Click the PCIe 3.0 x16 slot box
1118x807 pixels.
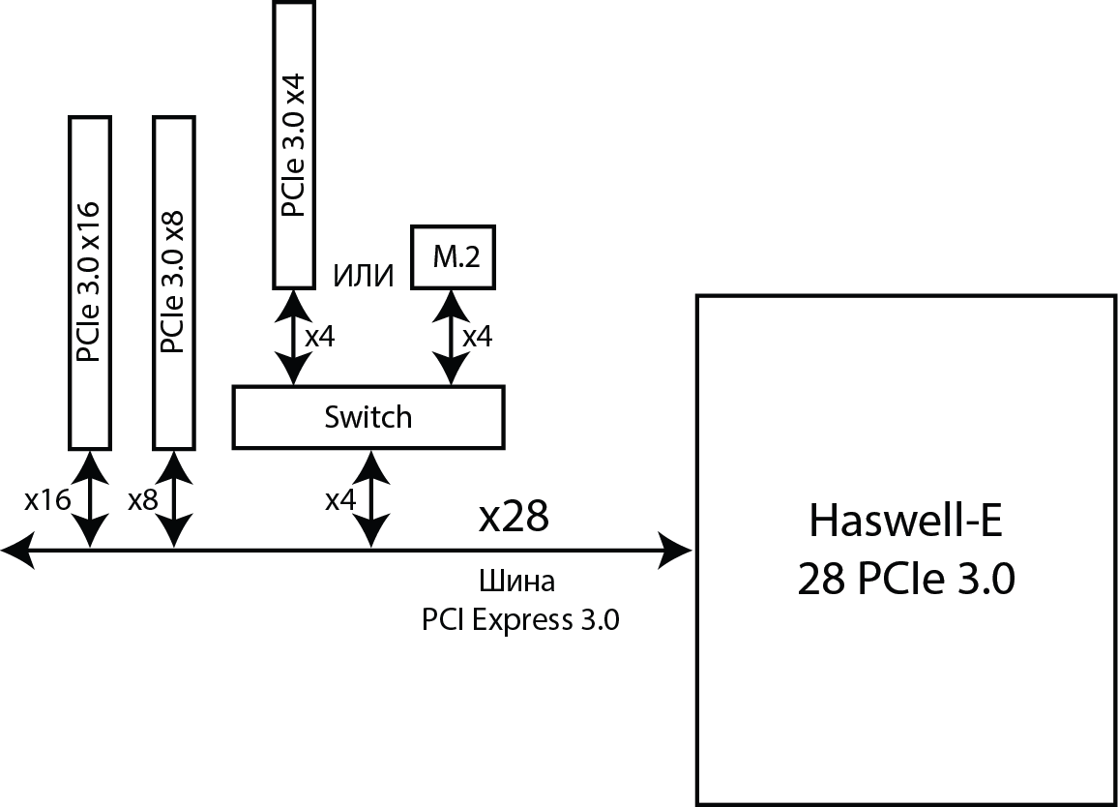(x=90, y=282)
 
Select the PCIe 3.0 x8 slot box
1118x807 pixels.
(x=174, y=282)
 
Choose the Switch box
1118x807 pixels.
(x=368, y=417)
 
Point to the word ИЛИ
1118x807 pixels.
(x=364, y=277)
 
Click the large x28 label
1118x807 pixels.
(x=514, y=518)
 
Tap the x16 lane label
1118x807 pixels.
(x=47, y=500)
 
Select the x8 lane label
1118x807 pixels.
(x=143, y=500)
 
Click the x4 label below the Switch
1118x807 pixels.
(x=340, y=500)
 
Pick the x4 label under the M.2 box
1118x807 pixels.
(x=477, y=337)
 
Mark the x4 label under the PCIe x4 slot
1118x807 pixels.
(x=320, y=337)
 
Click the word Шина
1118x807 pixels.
(x=517, y=583)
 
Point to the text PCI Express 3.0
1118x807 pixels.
(x=519, y=619)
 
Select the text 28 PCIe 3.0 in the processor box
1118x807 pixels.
(x=906, y=580)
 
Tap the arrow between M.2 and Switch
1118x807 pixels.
(x=449, y=337)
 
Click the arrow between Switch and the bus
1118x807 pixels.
(x=372, y=499)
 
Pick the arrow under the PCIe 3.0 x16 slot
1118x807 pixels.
(x=90, y=499)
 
